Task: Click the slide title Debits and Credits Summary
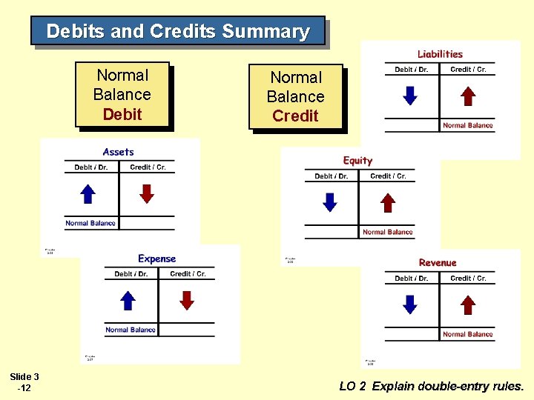(178, 32)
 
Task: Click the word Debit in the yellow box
(122, 114)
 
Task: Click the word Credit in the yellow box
(295, 116)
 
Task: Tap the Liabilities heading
(440, 54)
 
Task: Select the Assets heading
(119, 152)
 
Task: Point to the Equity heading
(357, 161)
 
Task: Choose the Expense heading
(157, 259)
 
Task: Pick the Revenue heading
(438, 263)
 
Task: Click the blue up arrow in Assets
(88, 193)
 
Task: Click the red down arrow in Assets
(148, 193)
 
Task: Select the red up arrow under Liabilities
(468, 96)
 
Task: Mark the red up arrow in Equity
(388, 202)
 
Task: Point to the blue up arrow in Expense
(128, 300)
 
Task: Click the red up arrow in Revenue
(468, 304)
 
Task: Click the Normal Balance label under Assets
(90, 223)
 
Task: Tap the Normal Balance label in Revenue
(468, 334)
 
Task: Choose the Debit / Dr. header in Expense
(131, 274)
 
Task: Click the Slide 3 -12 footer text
(24, 382)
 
